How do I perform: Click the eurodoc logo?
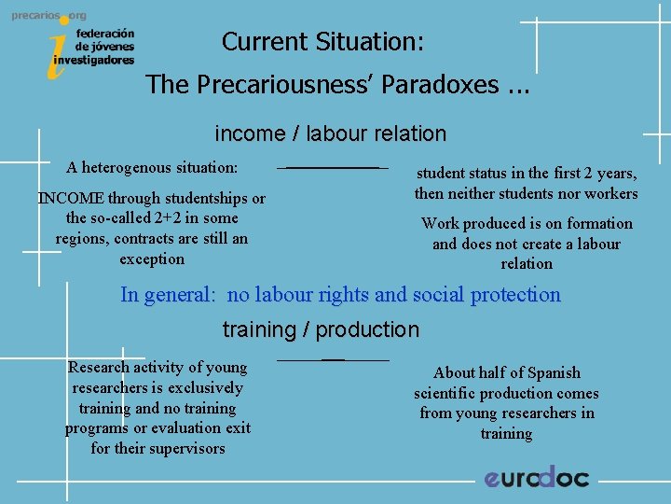pos(537,477)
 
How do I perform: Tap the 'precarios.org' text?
pos(48,16)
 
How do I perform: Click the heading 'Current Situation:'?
pos(322,42)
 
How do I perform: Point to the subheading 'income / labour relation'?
pos(331,133)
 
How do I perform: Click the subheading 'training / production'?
pos(321,329)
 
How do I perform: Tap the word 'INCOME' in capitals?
pos(70,198)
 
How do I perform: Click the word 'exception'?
pos(152,259)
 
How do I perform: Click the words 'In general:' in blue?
pos(168,295)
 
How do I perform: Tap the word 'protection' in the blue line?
pos(515,295)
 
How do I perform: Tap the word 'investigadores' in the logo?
pos(93,59)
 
